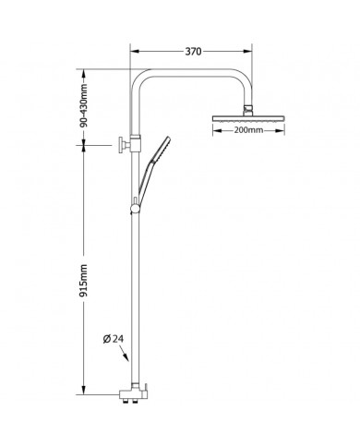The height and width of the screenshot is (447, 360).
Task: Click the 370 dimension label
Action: tap(193, 52)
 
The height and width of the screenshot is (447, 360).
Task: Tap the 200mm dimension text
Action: tap(248, 130)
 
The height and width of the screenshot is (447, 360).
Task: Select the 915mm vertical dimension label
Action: tap(83, 280)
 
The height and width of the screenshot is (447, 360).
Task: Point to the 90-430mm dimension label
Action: tap(83, 105)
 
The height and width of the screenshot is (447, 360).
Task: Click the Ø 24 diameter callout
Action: tap(113, 339)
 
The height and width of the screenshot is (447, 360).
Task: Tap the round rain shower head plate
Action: tap(248, 118)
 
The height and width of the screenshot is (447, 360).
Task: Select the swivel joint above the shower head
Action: tap(247, 110)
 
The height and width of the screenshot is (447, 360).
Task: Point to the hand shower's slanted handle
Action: tap(145, 179)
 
